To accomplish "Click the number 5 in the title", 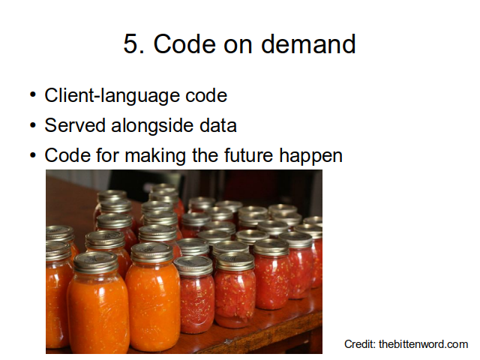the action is (x=132, y=43).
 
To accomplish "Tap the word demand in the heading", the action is (x=308, y=43).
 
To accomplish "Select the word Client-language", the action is (x=112, y=96).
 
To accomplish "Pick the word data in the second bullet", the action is (x=218, y=125).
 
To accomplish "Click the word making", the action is (x=155, y=155).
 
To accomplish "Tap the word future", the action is (x=248, y=155).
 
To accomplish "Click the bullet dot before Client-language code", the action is (x=33, y=95).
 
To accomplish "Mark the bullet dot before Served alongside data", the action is (x=33, y=125).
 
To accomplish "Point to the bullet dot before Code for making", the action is (x=33, y=155).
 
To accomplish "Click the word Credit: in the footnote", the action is (x=360, y=344).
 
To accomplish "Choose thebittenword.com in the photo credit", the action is (x=423, y=344).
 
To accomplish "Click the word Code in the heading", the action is (x=185, y=43).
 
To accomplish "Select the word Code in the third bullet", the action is (x=67, y=155).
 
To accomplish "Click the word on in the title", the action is (x=238, y=46).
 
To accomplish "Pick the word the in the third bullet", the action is (x=205, y=155).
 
